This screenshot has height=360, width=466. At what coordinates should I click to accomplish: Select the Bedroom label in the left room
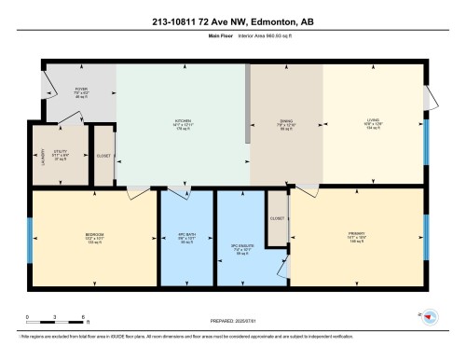click(95, 236)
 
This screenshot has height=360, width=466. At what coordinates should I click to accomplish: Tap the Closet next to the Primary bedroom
click(277, 217)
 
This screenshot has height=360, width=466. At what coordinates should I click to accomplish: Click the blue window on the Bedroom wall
click(29, 234)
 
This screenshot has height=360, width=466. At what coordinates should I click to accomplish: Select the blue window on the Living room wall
click(428, 139)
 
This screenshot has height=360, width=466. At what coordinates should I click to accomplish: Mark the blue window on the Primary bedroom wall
click(428, 234)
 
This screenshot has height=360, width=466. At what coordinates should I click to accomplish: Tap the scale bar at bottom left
click(56, 320)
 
